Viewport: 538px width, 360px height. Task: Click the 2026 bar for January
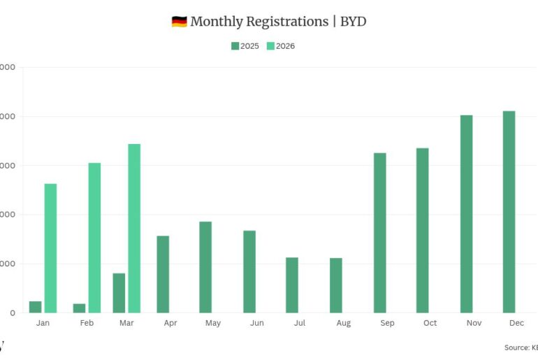click(50, 248)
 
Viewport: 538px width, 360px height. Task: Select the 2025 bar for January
click(35, 307)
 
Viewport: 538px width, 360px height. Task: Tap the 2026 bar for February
click(94, 238)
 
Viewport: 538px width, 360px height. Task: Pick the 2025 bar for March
click(119, 293)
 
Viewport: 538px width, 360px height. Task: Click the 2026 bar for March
click(134, 228)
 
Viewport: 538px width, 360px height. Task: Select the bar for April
click(163, 274)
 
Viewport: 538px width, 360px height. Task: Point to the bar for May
click(205, 267)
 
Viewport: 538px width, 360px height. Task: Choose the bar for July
click(292, 285)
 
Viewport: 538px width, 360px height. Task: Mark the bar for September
click(379, 233)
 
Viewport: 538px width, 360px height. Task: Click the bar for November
click(466, 214)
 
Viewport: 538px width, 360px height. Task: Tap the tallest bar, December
click(509, 212)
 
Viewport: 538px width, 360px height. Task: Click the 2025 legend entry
click(245, 46)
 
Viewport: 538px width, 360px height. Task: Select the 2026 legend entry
click(281, 46)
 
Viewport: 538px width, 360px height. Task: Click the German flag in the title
click(179, 22)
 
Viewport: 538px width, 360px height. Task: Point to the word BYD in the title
click(353, 22)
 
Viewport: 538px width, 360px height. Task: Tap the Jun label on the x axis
click(256, 323)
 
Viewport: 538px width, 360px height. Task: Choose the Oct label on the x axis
click(430, 323)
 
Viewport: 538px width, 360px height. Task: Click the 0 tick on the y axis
click(12, 313)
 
